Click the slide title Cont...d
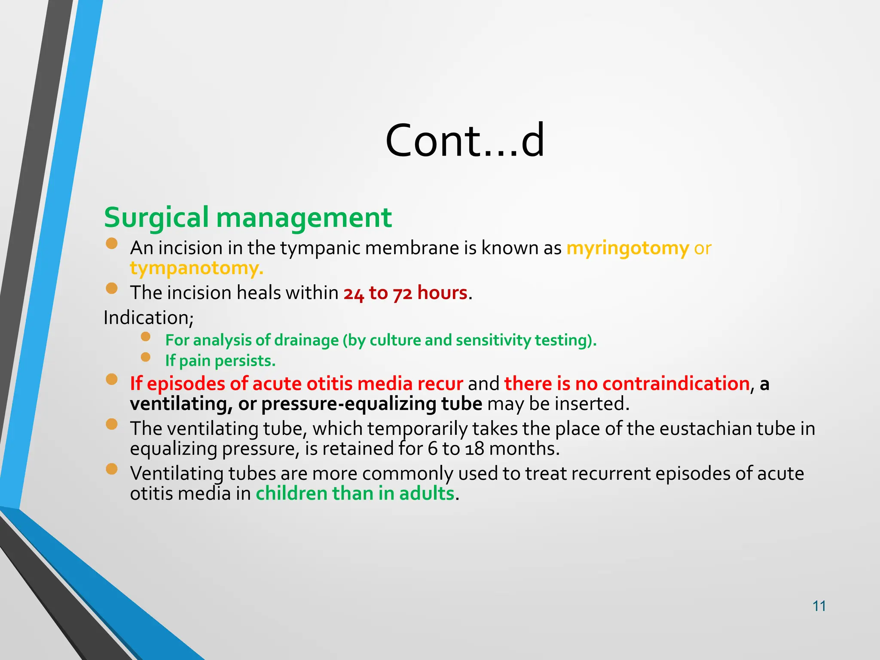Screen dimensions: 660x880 [x=465, y=141]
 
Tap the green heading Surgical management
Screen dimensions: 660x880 [x=247, y=217]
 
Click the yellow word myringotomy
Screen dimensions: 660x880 [x=627, y=248]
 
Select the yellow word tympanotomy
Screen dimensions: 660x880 [x=196, y=269]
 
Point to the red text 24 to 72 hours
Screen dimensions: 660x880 [x=405, y=293]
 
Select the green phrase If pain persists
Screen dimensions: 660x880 [x=220, y=361]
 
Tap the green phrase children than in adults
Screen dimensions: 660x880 [x=355, y=493]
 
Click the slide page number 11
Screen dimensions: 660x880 [x=819, y=606]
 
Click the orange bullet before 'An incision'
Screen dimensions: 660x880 [x=112, y=244]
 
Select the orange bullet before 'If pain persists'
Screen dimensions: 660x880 [x=146, y=357]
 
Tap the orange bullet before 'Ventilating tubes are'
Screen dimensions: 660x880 [x=112, y=469]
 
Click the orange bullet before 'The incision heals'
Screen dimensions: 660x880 [x=112, y=288]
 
